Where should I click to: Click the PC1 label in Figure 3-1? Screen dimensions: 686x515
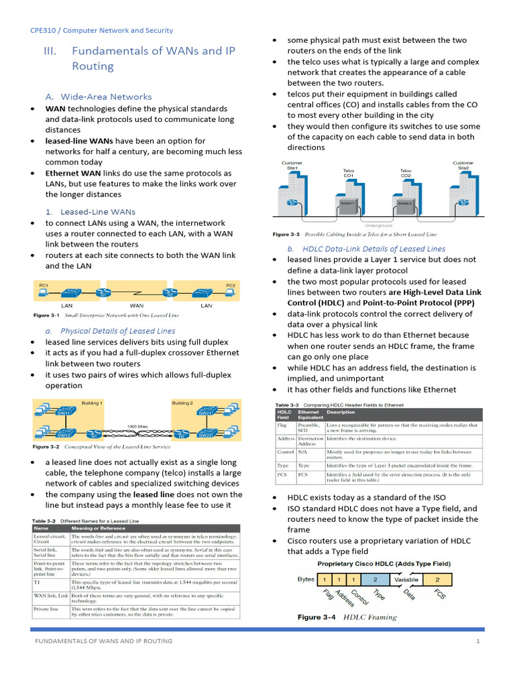[44, 285]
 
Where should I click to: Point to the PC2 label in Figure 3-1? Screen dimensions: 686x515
[231, 285]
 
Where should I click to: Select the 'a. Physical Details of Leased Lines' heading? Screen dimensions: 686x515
[111, 331]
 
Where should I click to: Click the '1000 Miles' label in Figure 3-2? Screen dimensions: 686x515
[138, 426]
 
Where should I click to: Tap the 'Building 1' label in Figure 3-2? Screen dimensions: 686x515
[92, 403]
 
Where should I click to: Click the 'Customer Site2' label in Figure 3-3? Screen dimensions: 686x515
[463, 165]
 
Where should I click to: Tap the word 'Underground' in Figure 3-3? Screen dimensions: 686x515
[378, 225]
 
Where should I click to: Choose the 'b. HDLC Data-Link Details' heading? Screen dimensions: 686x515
[366, 249]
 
